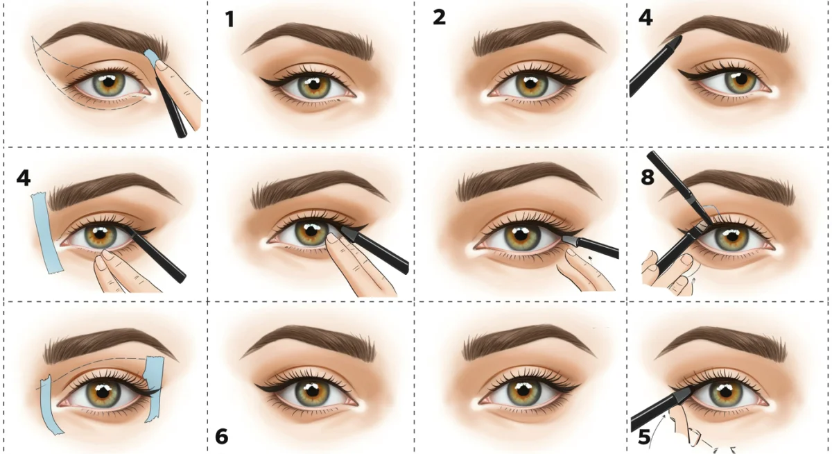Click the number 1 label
point(230,19)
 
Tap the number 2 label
point(439,17)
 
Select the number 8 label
point(648,177)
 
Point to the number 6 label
point(222,436)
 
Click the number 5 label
point(644,437)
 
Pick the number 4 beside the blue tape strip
point(24,178)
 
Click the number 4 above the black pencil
point(645,18)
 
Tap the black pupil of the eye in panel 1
point(314,85)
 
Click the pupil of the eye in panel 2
point(532,84)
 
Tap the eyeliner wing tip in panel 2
point(584,77)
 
